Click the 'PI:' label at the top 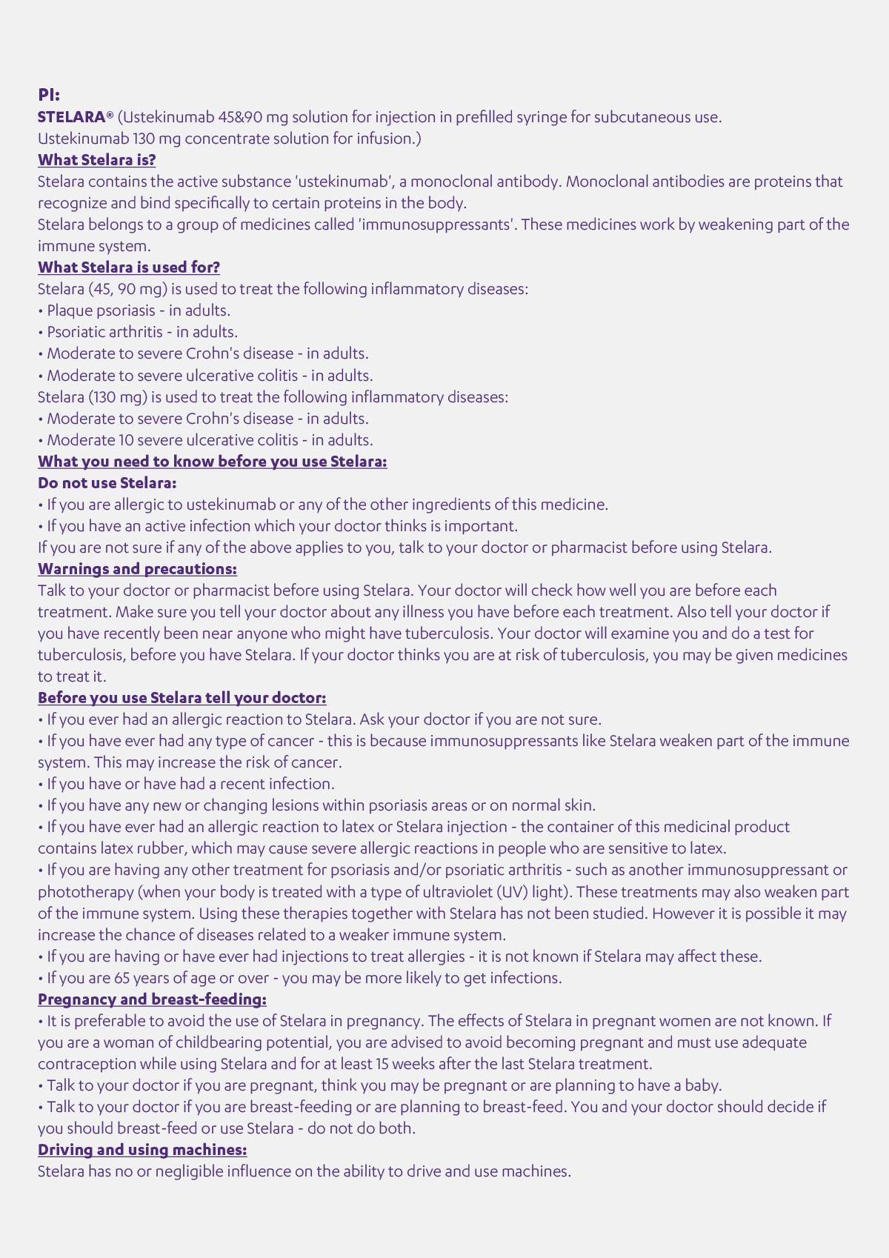49,95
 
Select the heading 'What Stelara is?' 96,160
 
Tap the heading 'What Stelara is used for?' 128,267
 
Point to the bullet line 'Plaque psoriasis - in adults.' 138,310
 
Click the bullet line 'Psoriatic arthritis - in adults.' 141,332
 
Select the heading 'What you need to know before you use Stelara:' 212,462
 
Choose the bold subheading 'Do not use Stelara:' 107,483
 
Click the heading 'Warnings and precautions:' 137,569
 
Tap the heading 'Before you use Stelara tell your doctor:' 182,698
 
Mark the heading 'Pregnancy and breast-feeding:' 152,999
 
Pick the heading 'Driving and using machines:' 142,1150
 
